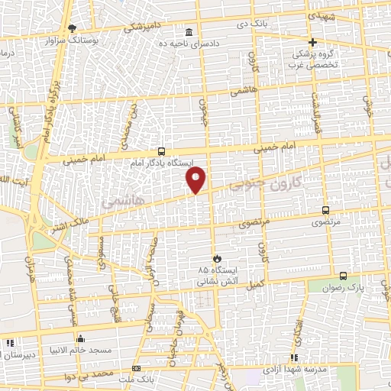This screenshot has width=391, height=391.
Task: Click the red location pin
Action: pos(197,179)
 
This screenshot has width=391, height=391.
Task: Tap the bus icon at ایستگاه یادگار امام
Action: pos(160,151)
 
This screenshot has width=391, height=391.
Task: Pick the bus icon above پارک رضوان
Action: pos(342,276)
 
